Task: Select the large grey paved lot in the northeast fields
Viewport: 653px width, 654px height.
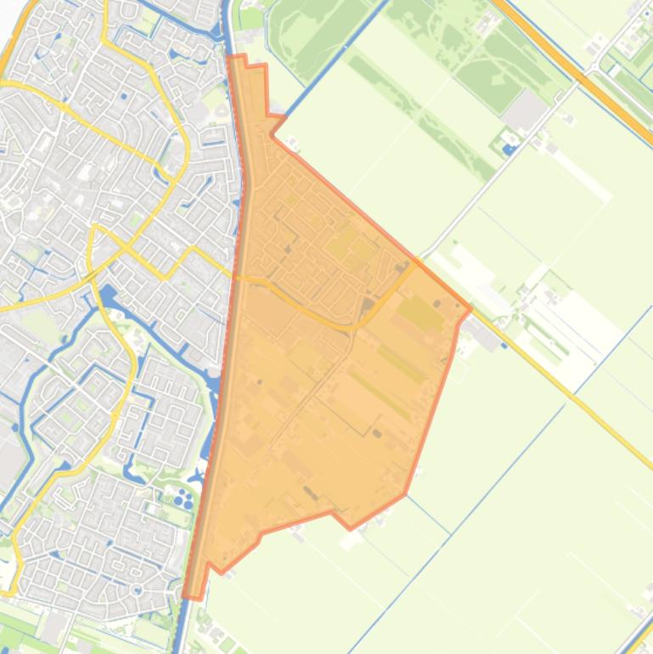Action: pyautogui.click(x=525, y=110)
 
